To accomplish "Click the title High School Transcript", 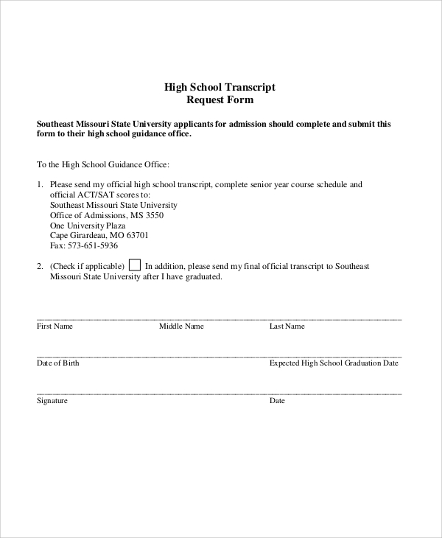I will click(220, 86).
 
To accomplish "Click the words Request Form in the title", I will click(220, 99).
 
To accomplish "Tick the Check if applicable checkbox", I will click(135, 265).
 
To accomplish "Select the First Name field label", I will click(55, 326).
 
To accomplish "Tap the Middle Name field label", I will click(181, 326).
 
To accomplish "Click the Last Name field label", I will click(287, 326).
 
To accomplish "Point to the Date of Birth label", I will click(57, 363).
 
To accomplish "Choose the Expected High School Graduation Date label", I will click(334, 363).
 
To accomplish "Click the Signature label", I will click(52, 401).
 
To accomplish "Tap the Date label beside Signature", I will click(277, 401).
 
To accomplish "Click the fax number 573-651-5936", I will click(83, 245).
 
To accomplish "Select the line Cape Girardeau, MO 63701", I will click(99, 235).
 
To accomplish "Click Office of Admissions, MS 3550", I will click(107, 214).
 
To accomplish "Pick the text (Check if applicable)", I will click(87, 266).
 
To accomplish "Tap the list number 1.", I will click(39, 184).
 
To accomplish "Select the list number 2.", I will click(39, 266).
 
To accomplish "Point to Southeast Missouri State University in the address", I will click(113, 205).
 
